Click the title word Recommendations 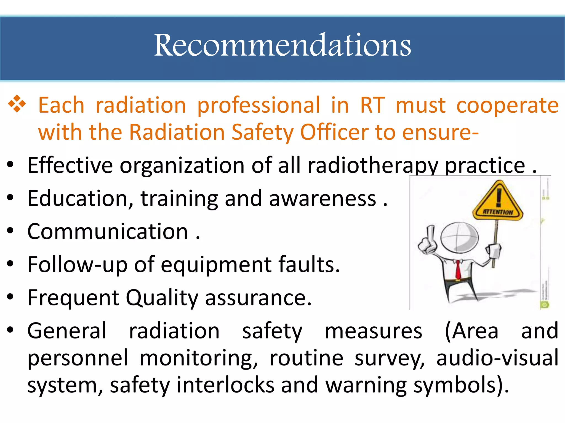282,45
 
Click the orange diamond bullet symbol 17,104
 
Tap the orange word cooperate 507,105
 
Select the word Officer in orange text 334,132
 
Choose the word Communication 108,232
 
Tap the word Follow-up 78,265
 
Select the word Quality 162,298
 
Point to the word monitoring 198,358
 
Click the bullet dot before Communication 10,231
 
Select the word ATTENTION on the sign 498,212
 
